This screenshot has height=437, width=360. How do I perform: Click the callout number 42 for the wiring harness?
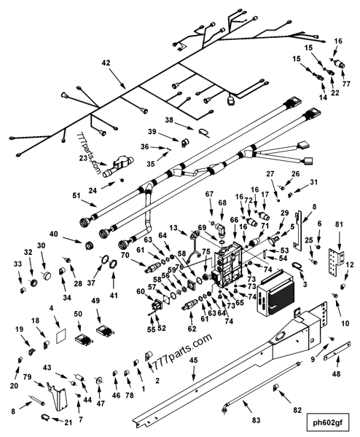106,63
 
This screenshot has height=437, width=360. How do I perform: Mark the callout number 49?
95,302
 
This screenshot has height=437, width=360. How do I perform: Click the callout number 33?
17,264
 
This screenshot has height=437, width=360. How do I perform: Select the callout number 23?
82,158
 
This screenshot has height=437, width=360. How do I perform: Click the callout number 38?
168,120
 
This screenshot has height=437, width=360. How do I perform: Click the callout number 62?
191,328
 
